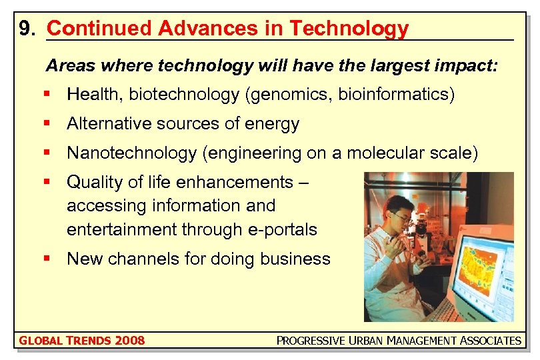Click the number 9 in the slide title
(25, 29)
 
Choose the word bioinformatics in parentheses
(394, 95)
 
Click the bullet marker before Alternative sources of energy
(47, 124)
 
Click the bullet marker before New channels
(47, 259)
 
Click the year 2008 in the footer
(129, 341)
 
